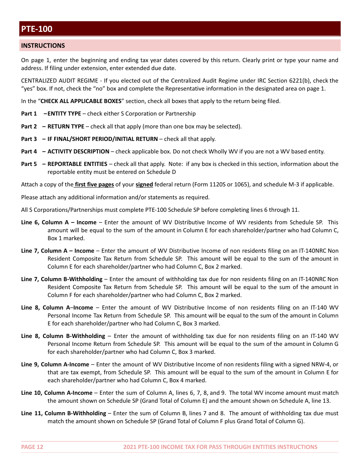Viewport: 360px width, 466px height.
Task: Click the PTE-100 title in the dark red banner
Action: pos(37,29)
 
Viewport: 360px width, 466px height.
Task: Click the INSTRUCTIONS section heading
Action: pos(43,45)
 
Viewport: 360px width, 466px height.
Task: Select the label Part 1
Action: pos(29,114)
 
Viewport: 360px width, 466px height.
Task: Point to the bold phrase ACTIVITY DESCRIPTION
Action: pos(78,152)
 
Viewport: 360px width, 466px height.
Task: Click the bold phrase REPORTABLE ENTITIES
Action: pos(77,164)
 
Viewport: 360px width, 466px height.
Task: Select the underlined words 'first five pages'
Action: pos(94,185)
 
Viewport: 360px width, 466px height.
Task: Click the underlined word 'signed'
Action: pos(144,185)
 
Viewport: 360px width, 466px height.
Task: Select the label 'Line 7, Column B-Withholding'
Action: pos(62,279)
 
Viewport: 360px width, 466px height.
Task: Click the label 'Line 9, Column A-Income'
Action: pos(55,364)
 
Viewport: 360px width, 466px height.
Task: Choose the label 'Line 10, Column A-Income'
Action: pos(57,393)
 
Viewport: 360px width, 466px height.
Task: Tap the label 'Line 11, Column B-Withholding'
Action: pos(64,413)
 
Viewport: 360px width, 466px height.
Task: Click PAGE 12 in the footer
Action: pos(32,447)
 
